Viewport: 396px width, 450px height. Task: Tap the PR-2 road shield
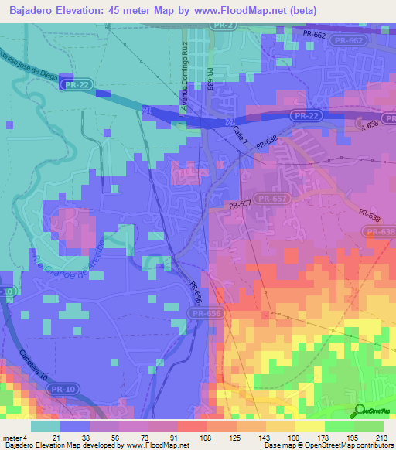223,26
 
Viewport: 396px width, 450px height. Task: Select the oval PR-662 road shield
346,39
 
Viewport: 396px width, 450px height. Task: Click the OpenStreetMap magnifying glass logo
360,411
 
